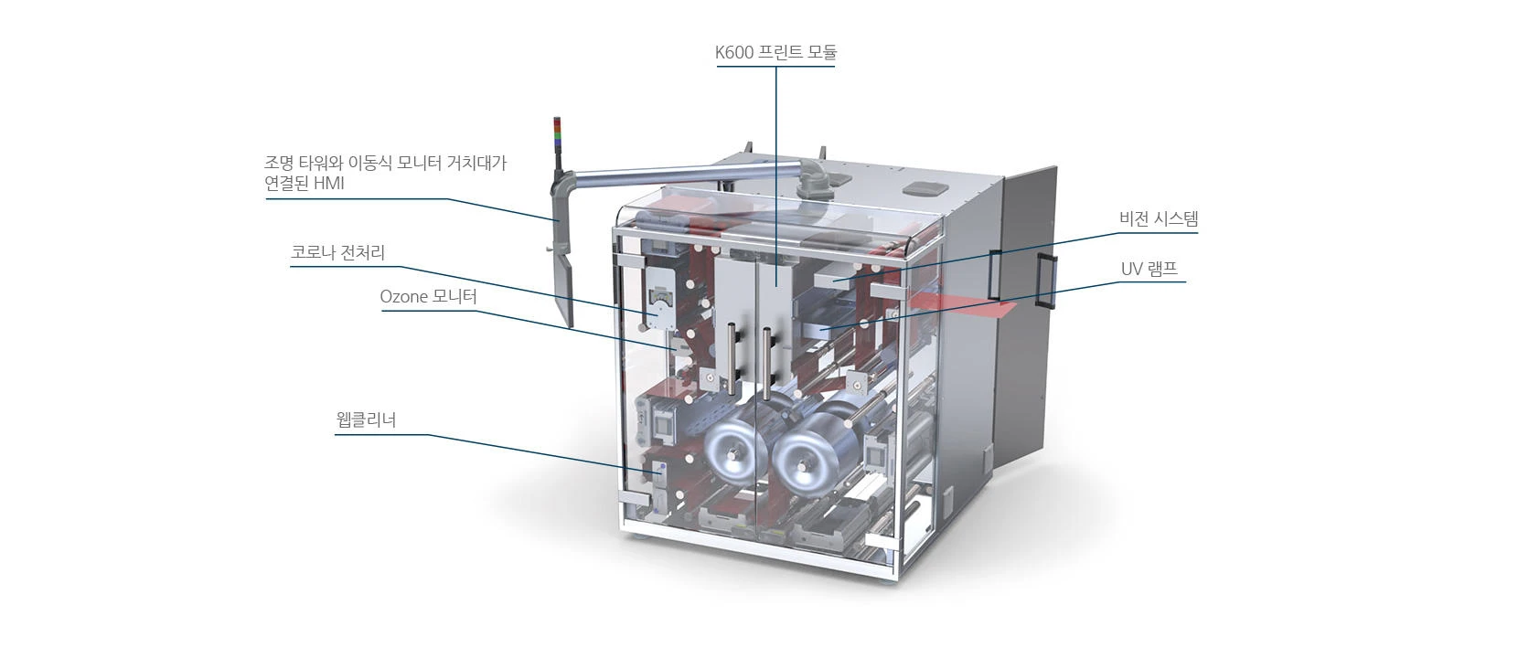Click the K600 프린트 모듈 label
(x=776, y=52)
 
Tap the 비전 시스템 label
(x=1159, y=218)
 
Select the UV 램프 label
(x=1149, y=269)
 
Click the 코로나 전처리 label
(x=337, y=252)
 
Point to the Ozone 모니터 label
(x=428, y=296)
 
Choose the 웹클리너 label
(x=366, y=419)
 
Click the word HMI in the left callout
(x=329, y=184)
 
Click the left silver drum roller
(x=735, y=447)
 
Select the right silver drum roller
(x=807, y=451)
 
